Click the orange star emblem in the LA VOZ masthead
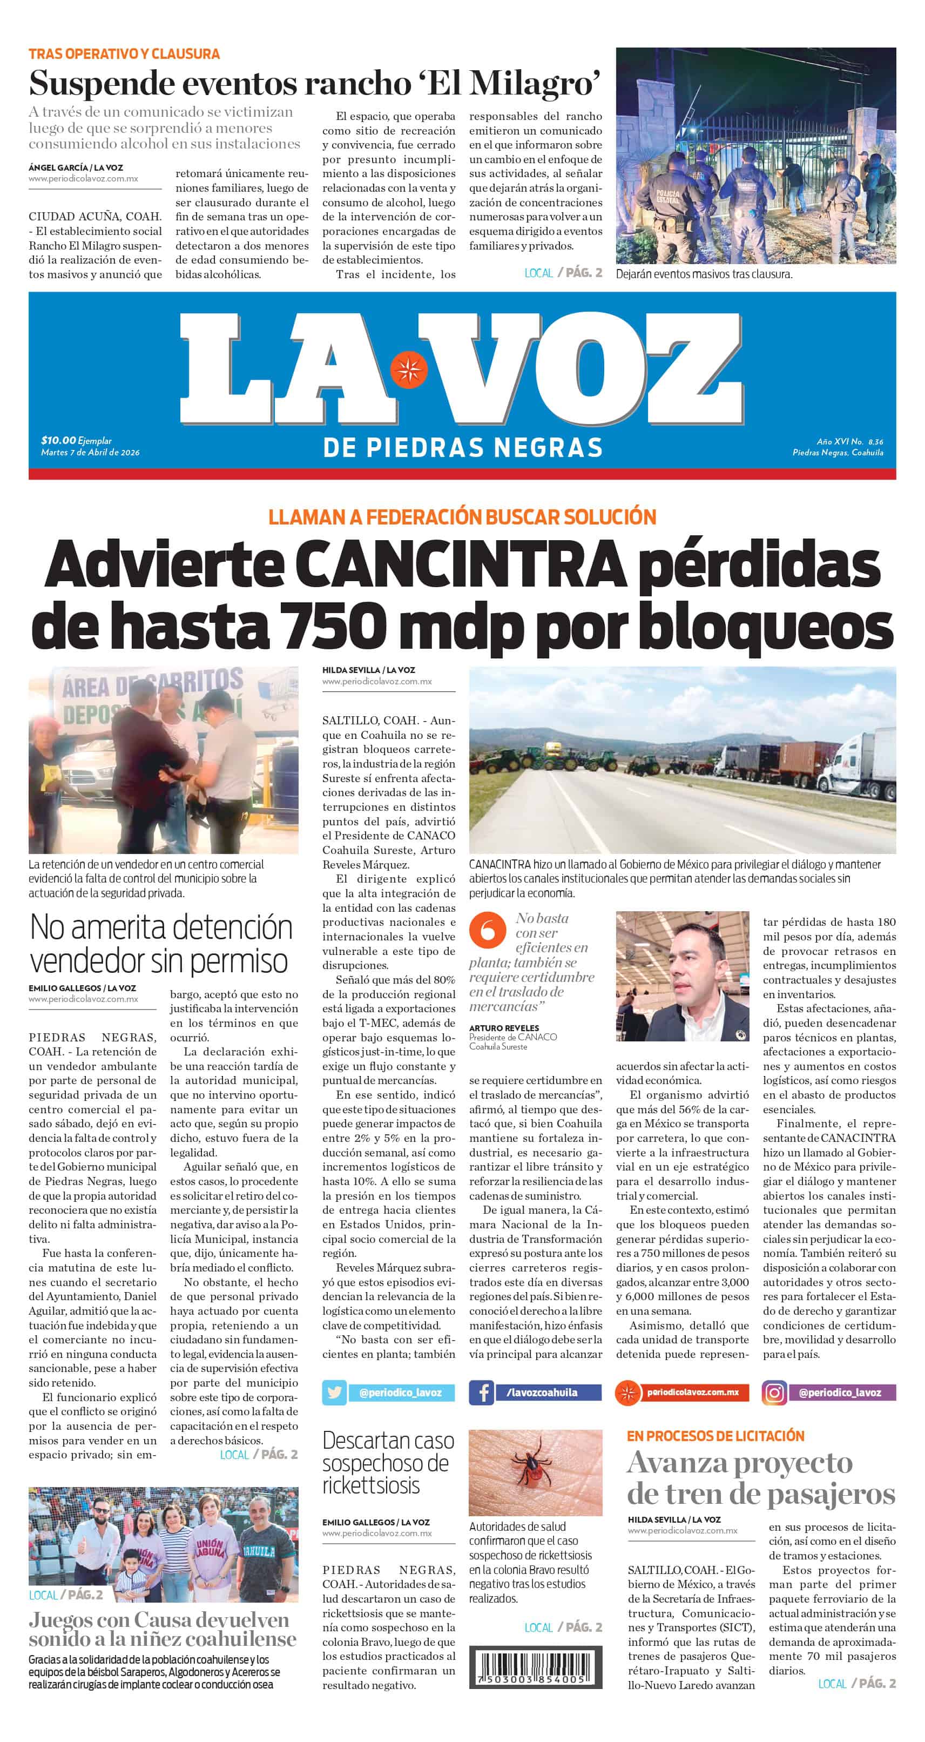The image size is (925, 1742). click(408, 370)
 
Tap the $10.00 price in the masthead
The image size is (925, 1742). click(58, 440)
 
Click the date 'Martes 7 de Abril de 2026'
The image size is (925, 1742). click(90, 453)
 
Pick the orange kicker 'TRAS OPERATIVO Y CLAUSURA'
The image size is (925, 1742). click(124, 53)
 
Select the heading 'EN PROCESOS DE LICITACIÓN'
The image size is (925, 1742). click(715, 1436)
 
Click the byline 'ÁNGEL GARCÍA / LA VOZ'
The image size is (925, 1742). click(76, 167)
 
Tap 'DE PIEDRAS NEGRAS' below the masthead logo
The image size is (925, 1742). click(462, 448)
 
